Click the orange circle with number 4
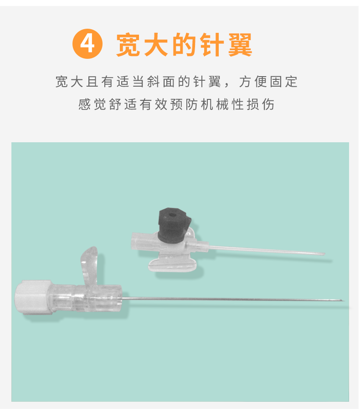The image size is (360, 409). [87, 44]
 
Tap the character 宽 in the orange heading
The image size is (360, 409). [128, 45]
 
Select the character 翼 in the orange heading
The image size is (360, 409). [240, 45]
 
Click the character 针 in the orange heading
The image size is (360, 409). [212, 45]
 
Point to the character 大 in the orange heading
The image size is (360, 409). [156, 45]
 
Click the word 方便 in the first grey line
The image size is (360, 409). [253, 82]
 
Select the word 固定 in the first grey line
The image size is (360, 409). [283, 82]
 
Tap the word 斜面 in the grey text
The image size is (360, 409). [161, 82]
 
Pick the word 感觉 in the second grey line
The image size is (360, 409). [92, 104]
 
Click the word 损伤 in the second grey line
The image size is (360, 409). [261, 104]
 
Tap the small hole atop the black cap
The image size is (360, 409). [172, 215]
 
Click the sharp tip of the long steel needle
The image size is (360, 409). [342, 300]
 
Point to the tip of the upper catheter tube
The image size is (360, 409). [324, 254]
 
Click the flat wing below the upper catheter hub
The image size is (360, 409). [173, 265]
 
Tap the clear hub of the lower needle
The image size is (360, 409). [86, 299]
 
